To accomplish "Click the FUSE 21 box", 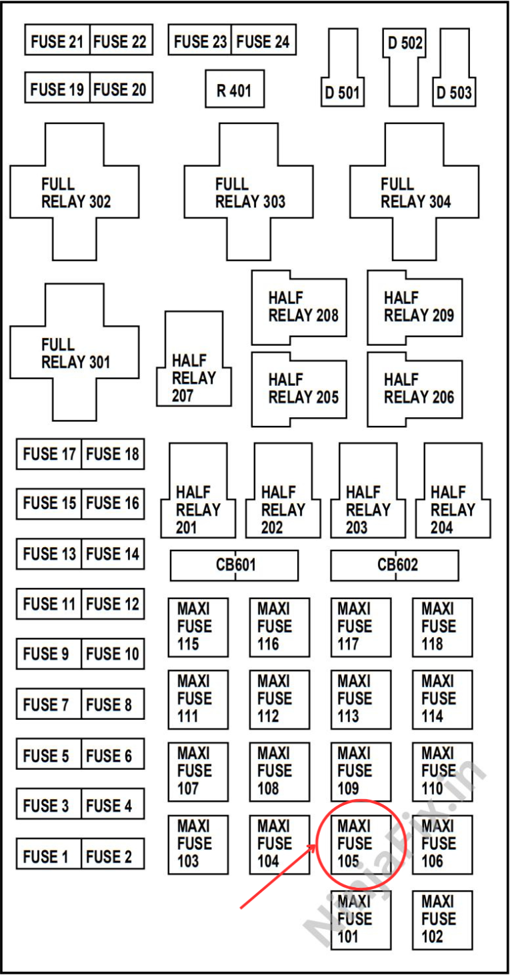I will (x=57, y=42).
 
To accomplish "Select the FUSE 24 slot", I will (x=263, y=42).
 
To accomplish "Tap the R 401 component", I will (x=234, y=90).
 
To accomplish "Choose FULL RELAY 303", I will (x=249, y=193).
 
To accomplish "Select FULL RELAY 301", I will (x=75, y=353).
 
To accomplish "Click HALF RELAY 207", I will (x=194, y=377).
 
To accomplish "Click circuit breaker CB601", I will (x=234, y=565).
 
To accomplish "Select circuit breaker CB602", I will (x=395, y=565).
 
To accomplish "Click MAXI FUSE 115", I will (x=198, y=627).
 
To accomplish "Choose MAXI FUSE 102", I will (x=442, y=920).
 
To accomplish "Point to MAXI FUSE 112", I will (x=279, y=699).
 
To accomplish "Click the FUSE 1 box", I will (x=49, y=856).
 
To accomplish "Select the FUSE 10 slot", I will (x=113, y=654).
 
